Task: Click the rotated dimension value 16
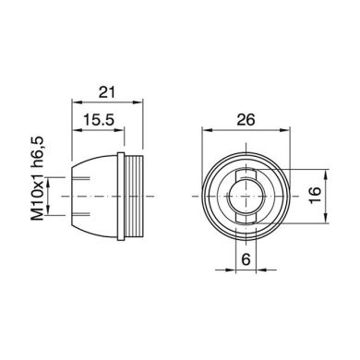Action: [314, 195]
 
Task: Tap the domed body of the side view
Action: [92, 195]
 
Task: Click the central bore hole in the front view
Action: [244, 195]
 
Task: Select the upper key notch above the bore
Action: [244, 175]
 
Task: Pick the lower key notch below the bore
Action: [244, 215]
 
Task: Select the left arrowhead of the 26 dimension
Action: [206, 130]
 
